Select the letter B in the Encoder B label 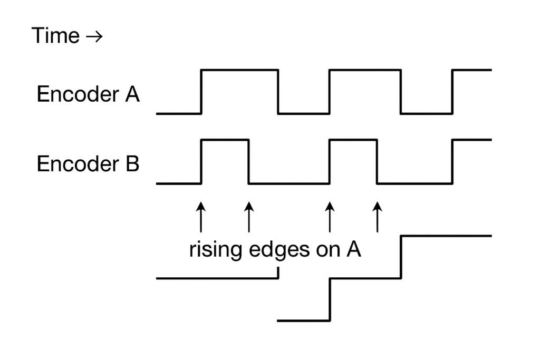131,164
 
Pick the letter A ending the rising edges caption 353,249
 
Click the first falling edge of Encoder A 278,91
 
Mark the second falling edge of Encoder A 401,91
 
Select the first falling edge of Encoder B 249,161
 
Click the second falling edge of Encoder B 377,161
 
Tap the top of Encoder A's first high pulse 240,70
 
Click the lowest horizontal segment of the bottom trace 304,320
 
